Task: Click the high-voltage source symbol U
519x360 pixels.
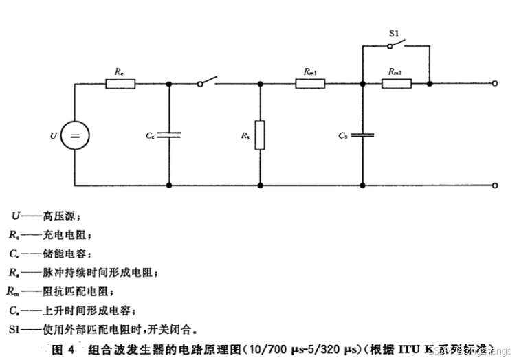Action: pos(75,135)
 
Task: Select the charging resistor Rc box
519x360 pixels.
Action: pos(120,84)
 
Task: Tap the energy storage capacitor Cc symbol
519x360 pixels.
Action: pos(169,135)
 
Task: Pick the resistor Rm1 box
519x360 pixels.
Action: pos(310,84)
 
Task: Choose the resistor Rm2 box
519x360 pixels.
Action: pos(397,84)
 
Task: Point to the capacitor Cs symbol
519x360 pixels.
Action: pos(362,135)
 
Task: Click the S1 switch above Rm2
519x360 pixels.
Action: pos(396,46)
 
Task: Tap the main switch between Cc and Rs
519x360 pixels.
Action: pos(208,81)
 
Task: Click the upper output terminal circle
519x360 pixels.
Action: pos(495,84)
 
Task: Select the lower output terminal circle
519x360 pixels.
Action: pos(495,185)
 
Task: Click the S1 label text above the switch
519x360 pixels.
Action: pos(395,32)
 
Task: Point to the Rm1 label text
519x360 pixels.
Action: pos(310,71)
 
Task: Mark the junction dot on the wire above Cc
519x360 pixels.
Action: pos(169,84)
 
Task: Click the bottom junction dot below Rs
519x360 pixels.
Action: pos(260,185)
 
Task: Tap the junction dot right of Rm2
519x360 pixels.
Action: pos(430,84)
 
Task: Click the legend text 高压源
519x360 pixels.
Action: pos(56,215)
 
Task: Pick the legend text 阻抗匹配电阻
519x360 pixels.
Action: pos(71,291)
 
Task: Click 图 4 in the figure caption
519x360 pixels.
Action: pos(59,349)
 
